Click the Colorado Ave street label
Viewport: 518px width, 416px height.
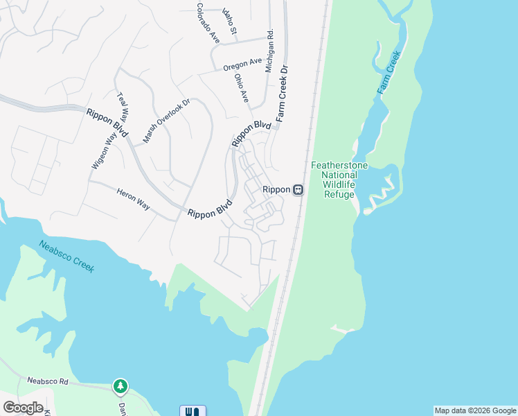click(x=207, y=24)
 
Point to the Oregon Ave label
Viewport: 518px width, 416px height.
click(x=242, y=65)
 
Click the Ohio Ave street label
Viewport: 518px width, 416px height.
click(x=241, y=89)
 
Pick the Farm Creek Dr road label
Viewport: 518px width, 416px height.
click(x=283, y=94)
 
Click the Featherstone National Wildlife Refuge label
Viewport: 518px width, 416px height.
click(x=339, y=180)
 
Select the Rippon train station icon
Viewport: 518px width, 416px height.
click(x=298, y=189)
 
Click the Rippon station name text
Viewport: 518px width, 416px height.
click(x=275, y=189)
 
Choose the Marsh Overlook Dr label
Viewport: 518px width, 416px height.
click(x=166, y=121)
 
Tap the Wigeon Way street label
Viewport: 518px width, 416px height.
click(x=101, y=150)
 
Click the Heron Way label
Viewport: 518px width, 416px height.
click(x=132, y=200)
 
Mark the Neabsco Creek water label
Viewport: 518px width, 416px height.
click(x=66, y=257)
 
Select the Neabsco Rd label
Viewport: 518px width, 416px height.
click(x=48, y=381)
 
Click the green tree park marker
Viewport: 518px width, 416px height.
click(x=120, y=385)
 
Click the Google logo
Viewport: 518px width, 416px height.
click(x=23, y=408)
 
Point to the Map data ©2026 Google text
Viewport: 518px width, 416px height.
click(x=475, y=410)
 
